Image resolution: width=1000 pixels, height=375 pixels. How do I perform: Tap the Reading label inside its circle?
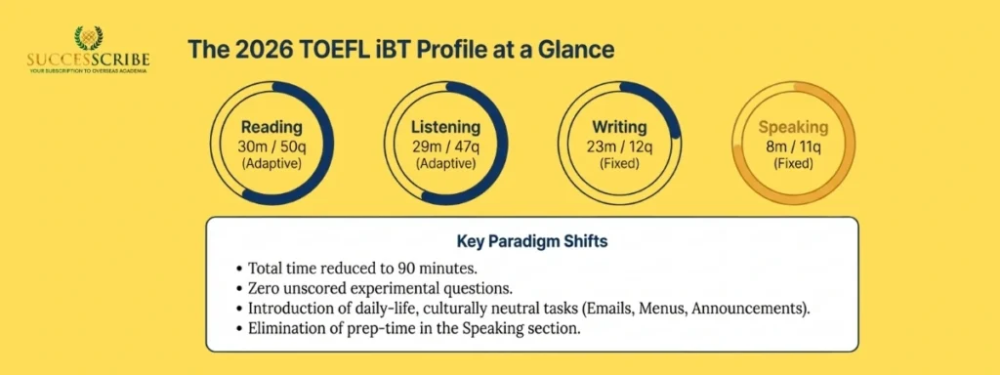[x=272, y=128]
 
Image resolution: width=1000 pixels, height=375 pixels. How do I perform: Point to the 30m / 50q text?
[x=272, y=146]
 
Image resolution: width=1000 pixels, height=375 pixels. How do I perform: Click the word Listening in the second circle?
[x=445, y=128]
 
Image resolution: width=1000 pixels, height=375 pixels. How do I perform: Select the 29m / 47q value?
[x=445, y=146]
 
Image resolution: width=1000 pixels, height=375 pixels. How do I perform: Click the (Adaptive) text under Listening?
[x=445, y=163]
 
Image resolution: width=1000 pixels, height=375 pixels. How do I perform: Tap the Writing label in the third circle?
[x=620, y=128]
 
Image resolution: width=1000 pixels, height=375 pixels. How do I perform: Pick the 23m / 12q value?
[x=620, y=146]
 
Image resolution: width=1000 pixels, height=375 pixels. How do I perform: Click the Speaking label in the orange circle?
[x=794, y=128]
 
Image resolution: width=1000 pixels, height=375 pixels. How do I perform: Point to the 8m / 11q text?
[x=794, y=146]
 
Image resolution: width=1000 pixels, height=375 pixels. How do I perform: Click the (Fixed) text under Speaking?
[x=794, y=163]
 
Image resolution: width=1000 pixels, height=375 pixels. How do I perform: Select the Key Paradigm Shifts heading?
[x=531, y=240]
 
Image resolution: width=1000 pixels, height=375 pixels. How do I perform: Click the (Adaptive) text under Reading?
[x=272, y=163]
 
